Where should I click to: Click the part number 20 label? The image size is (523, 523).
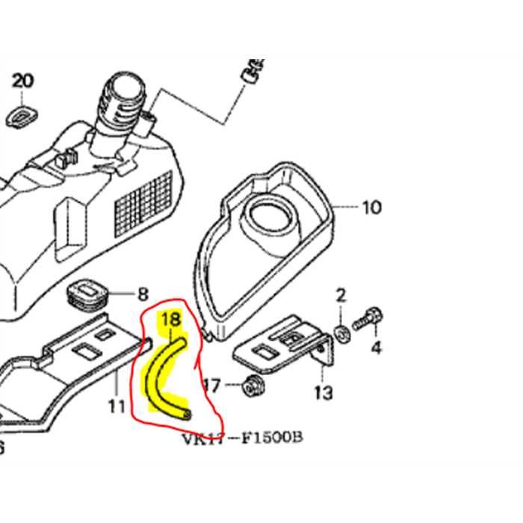coord(23,81)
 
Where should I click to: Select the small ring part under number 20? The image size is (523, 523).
coord(22,114)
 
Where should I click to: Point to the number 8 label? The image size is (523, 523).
coord(143,294)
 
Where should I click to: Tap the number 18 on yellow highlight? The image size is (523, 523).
coord(172,320)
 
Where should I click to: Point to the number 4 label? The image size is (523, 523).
coord(376,348)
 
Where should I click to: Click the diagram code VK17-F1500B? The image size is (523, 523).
coord(243,436)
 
